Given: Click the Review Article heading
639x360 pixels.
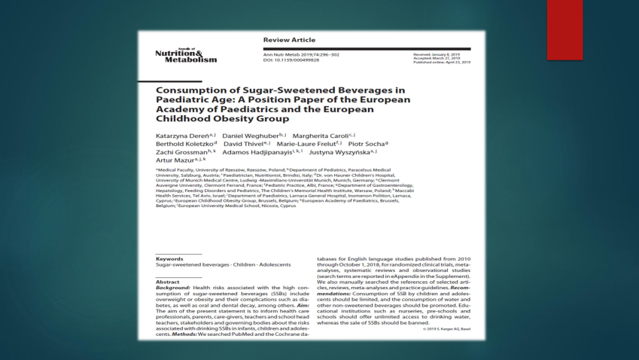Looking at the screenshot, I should tap(289, 40).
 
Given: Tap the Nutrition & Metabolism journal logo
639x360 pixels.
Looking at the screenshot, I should tap(185, 56).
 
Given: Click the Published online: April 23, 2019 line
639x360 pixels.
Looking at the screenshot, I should tap(442, 63).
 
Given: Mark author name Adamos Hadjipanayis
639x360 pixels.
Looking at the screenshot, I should tap(261, 152).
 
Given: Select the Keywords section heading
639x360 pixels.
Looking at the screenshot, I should tap(169, 258).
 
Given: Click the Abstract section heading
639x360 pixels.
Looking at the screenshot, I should tap(168, 281).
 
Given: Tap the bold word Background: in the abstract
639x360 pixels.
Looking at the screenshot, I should tap(173, 288).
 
